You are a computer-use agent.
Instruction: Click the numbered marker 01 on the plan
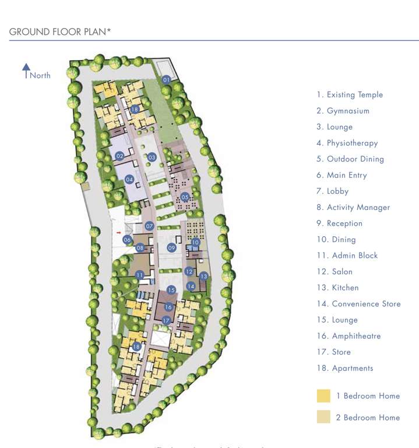pyautogui.click(x=166, y=80)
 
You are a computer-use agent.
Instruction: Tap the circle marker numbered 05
pyautogui.click(x=185, y=197)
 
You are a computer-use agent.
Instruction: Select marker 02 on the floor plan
pyautogui.click(x=119, y=156)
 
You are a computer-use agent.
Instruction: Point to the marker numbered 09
pyautogui.click(x=171, y=248)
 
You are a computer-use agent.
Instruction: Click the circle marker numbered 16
pyautogui.click(x=168, y=307)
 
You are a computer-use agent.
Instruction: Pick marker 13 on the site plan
pyautogui.click(x=203, y=276)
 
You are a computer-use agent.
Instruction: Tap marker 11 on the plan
pyautogui.click(x=139, y=275)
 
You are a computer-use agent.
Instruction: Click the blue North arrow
pyautogui.click(x=26, y=71)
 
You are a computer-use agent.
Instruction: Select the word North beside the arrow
pyautogui.click(x=40, y=75)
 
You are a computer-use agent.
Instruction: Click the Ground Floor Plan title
pyautogui.click(x=60, y=32)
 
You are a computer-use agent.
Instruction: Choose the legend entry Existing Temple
pyautogui.click(x=350, y=94)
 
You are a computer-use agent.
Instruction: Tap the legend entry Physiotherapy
pyautogui.click(x=347, y=143)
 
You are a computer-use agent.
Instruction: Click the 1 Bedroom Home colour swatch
pyautogui.click(x=323, y=396)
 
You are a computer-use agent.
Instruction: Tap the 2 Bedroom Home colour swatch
pyautogui.click(x=323, y=417)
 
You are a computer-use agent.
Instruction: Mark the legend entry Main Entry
pyautogui.click(x=341, y=175)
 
